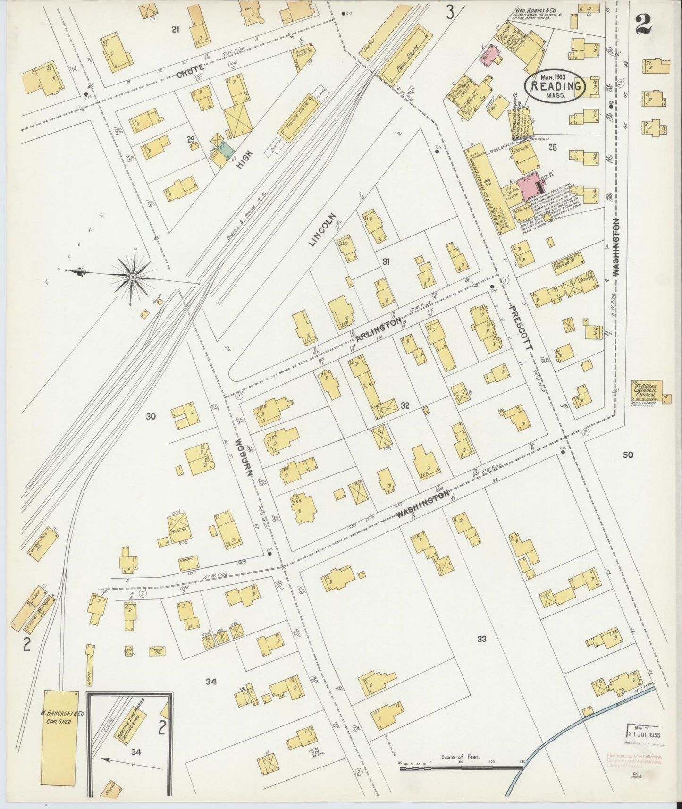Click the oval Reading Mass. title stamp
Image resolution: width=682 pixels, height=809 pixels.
556,86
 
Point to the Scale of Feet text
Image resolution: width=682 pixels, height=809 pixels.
460,757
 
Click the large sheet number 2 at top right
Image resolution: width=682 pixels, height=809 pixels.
643,24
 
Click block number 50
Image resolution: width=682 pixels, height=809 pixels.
628,455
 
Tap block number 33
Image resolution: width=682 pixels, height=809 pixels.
481,639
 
